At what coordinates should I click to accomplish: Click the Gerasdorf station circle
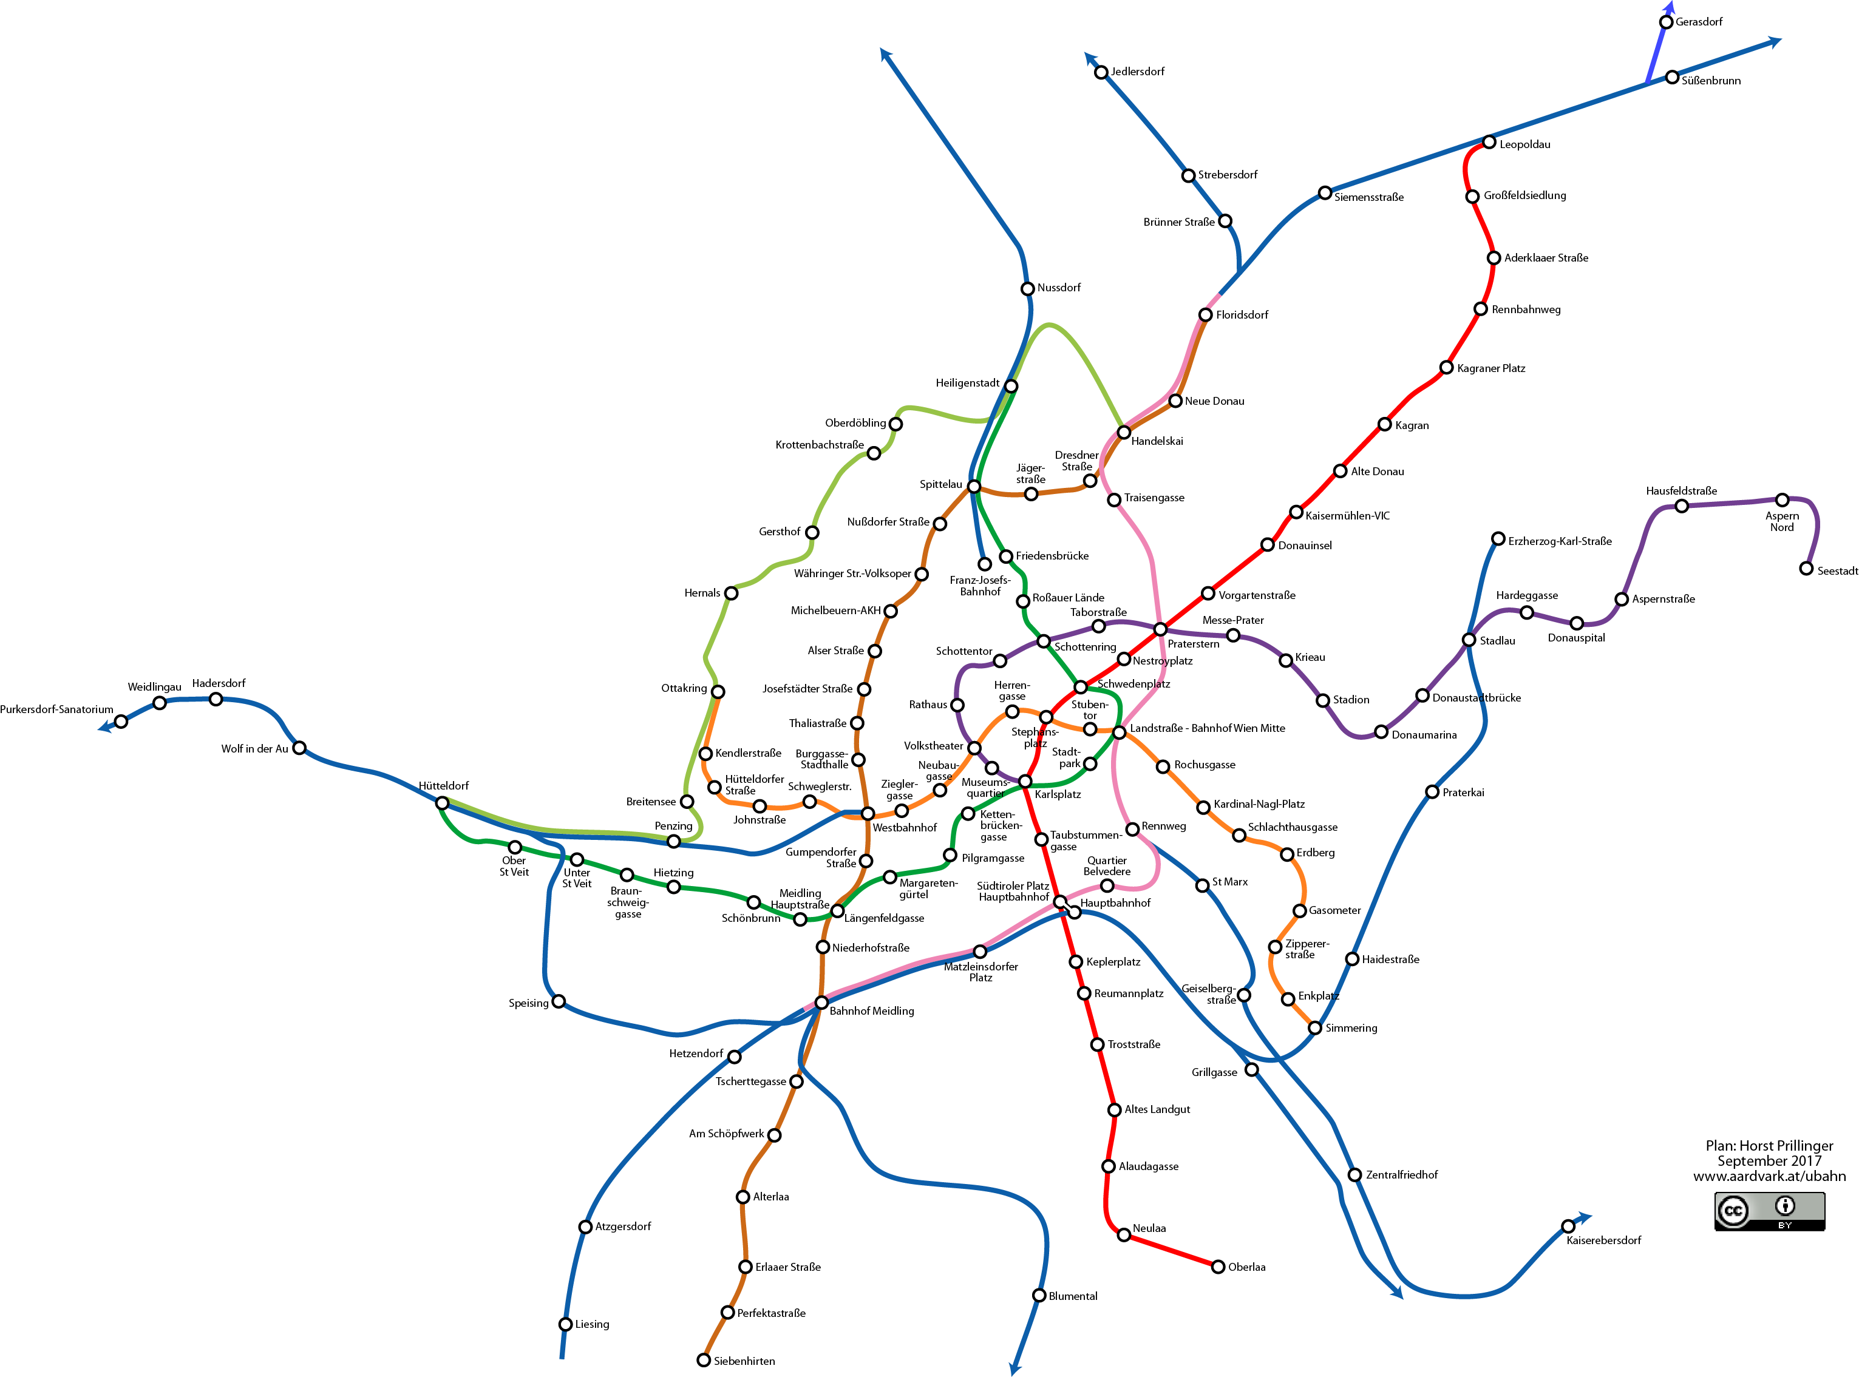tap(1665, 22)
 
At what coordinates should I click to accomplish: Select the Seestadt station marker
tap(1806, 569)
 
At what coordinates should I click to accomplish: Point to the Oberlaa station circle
tap(1218, 1266)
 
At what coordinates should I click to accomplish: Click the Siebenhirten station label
tap(744, 1361)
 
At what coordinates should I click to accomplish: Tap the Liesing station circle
tap(566, 1324)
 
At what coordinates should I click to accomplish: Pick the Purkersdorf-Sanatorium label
tap(56, 709)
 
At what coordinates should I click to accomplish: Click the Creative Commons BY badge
tap(1769, 1210)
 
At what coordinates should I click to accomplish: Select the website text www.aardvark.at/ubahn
tap(1769, 1176)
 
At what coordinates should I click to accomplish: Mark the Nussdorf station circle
tap(1027, 288)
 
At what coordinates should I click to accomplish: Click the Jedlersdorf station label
tap(1137, 72)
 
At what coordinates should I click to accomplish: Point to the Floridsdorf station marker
tap(1205, 314)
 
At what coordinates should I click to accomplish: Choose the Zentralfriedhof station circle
tap(1354, 1174)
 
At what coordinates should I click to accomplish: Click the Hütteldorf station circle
tap(443, 803)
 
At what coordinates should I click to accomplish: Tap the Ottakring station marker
tap(718, 691)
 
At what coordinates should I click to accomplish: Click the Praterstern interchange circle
tap(1160, 629)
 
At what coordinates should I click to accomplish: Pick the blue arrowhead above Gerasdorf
tap(1669, 7)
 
